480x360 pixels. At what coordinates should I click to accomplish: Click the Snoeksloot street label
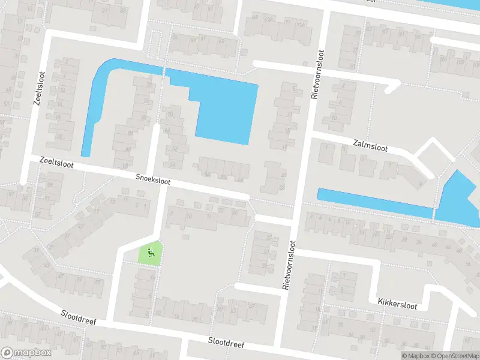point(154,178)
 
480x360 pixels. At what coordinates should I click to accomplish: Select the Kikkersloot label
point(396,302)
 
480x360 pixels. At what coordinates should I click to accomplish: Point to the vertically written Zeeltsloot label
point(38,88)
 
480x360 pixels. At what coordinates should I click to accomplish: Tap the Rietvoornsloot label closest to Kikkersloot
point(290,265)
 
